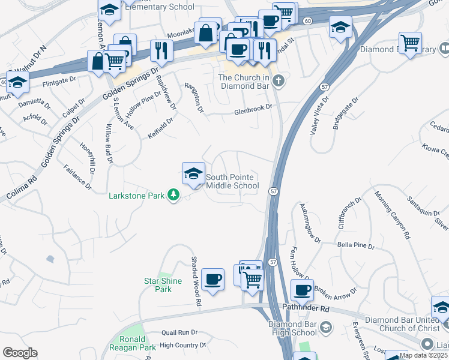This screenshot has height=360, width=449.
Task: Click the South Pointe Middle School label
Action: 232,182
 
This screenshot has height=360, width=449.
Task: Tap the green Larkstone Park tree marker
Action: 174,195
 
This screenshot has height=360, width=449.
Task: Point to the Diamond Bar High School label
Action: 292,328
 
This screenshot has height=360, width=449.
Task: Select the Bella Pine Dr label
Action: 356,246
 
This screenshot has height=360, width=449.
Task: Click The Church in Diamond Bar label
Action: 244,81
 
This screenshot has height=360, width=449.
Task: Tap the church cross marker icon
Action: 279,80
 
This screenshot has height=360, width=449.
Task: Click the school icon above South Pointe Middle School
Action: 193,175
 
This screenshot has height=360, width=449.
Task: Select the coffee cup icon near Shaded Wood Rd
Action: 212,280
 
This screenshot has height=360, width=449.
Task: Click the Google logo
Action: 20,353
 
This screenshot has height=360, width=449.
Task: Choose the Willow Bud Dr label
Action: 109,144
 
